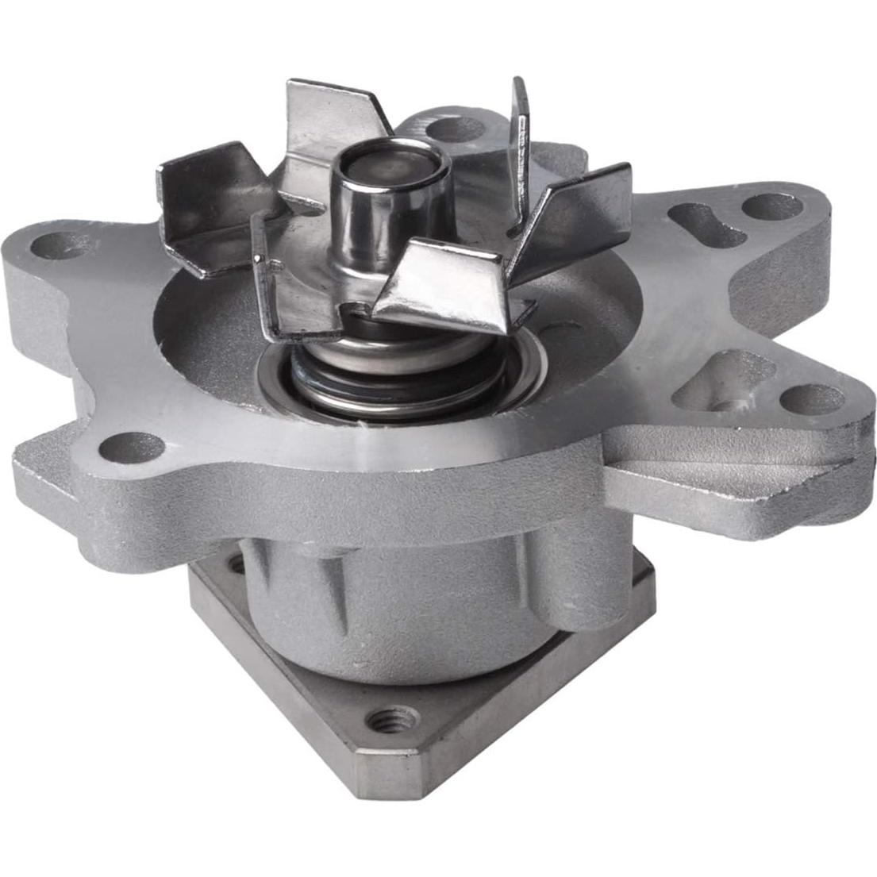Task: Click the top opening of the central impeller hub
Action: click(x=390, y=165)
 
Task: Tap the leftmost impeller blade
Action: click(x=205, y=202)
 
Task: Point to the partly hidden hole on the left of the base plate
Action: click(x=236, y=565)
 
